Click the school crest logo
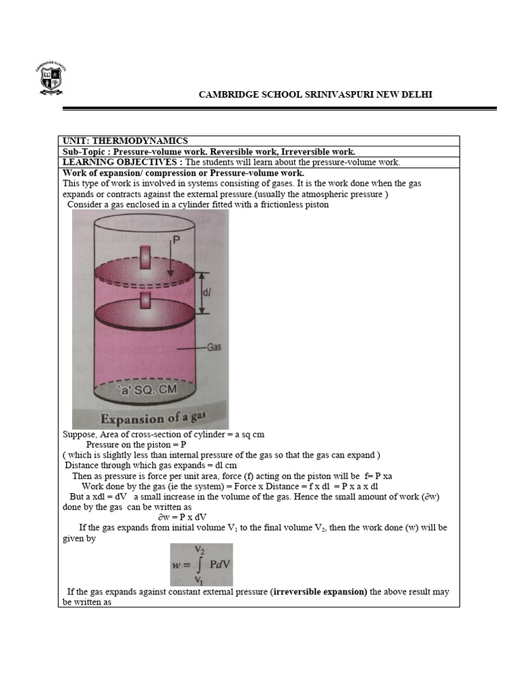coord(51,78)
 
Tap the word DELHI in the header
coord(418,94)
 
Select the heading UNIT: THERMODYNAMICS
coord(125,140)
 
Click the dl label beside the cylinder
coord(210,293)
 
